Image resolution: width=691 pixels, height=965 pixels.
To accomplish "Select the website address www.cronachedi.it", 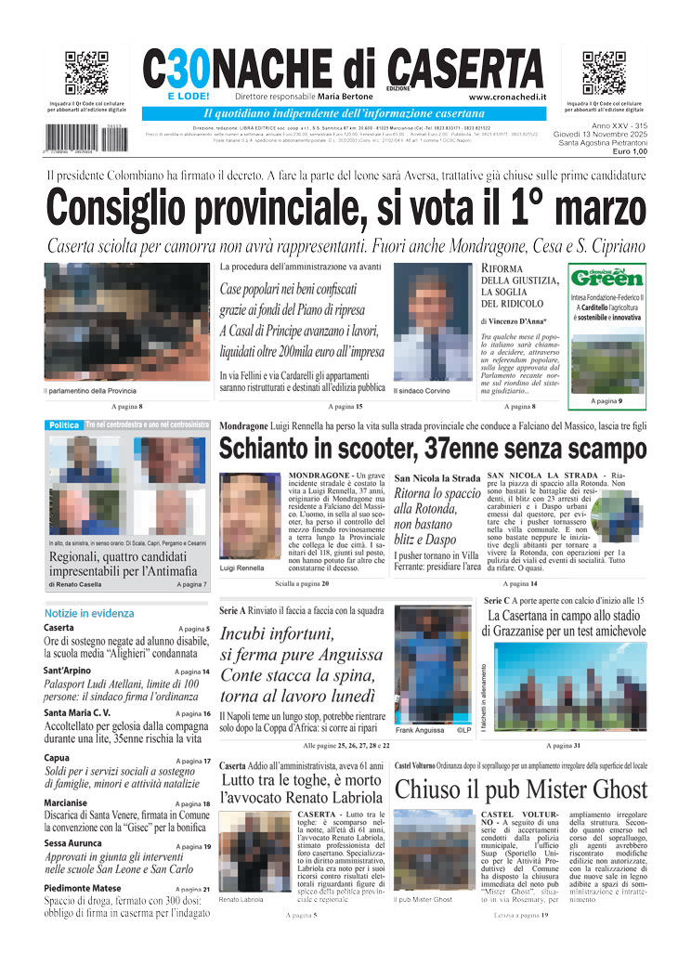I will point(507,97).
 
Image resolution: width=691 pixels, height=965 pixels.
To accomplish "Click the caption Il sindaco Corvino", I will point(422,391).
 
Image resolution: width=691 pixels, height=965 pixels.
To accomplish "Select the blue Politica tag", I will point(64,424).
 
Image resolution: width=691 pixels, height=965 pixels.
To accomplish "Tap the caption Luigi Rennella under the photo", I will point(241,567).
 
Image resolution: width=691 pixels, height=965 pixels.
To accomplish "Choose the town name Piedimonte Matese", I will point(84,889).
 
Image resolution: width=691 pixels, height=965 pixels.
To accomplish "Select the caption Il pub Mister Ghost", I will point(424,900).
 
